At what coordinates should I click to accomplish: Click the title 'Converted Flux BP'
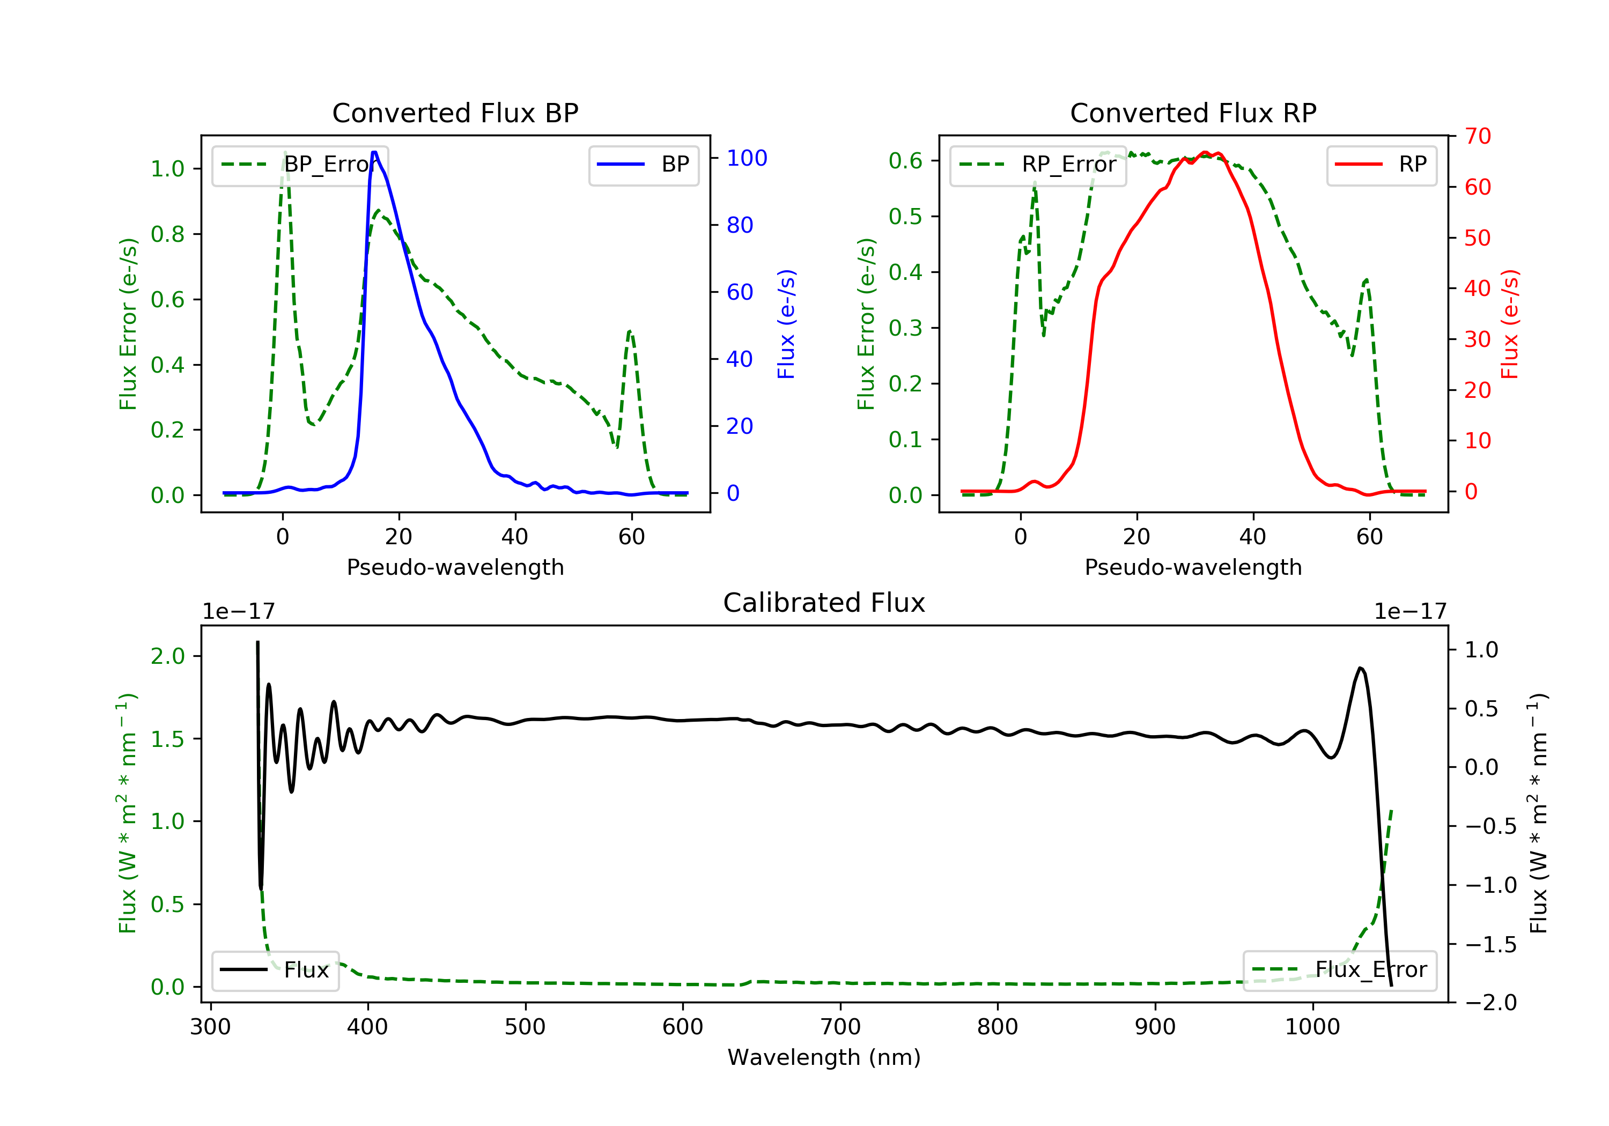click(x=455, y=113)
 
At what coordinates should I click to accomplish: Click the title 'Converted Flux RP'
click(x=1193, y=113)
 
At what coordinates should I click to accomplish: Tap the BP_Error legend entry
click(x=300, y=165)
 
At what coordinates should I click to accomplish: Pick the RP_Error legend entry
click(x=1038, y=165)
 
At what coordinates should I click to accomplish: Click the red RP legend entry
click(x=1381, y=165)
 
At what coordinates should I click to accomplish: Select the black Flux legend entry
click(x=276, y=970)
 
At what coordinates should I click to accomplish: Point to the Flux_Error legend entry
click(x=1339, y=970)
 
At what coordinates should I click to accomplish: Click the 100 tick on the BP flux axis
click(x=747, y=158)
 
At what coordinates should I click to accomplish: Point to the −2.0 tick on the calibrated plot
click(x=1490, y=1003)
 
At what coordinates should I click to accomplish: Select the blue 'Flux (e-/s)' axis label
click(x=786, y=324)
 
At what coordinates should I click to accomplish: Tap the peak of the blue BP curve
click(x=374, y=152)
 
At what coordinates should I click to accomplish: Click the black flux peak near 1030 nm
click(x=1360, y=669)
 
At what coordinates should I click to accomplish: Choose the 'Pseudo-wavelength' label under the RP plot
click(x=1193, y=567)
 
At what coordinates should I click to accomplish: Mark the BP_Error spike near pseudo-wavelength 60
click(x=629, y=331)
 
